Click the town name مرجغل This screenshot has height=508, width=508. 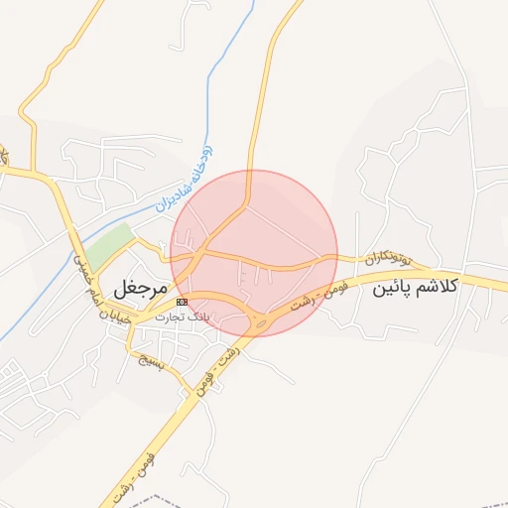137,289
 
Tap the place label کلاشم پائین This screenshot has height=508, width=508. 415,288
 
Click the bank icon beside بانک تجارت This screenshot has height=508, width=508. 182,302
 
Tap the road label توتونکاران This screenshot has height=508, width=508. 387,258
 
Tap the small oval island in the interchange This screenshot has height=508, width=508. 261,321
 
